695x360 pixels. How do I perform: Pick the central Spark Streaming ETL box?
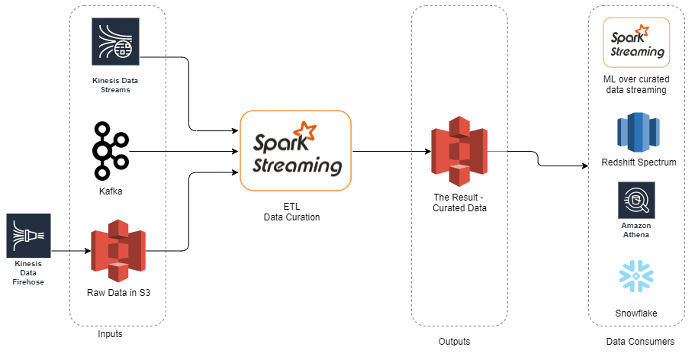tap(295, 150)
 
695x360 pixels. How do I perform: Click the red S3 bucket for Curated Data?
tap(459, 151)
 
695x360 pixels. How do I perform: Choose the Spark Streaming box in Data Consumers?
tap(635, 42)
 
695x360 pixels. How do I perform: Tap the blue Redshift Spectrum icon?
tap(635, 133)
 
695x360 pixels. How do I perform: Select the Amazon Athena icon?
tap(636, 201)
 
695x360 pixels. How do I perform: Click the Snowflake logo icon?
tap(636, 278)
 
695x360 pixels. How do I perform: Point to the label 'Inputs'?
tap(110, 334)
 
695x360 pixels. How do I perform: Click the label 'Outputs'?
tap(454, 341)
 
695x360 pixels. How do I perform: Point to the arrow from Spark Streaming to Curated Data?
tap(389, 151)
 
